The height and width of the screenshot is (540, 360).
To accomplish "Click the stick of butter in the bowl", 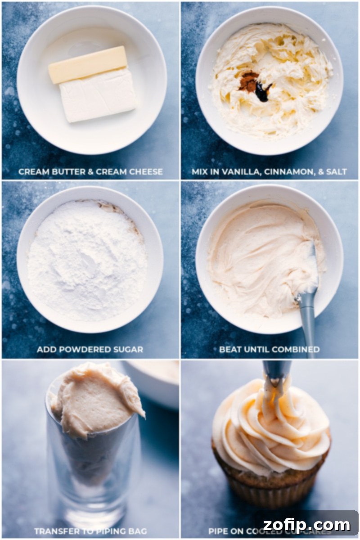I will click(88, 64).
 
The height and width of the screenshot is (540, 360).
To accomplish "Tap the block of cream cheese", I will click(98, 95).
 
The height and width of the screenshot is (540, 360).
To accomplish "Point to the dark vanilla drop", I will click(262, 91).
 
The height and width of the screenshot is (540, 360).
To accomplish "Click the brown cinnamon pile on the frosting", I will click(248, 81).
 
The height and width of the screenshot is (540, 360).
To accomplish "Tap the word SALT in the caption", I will click(336, 171).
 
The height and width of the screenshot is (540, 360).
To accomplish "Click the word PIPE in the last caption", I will click(218, 531).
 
